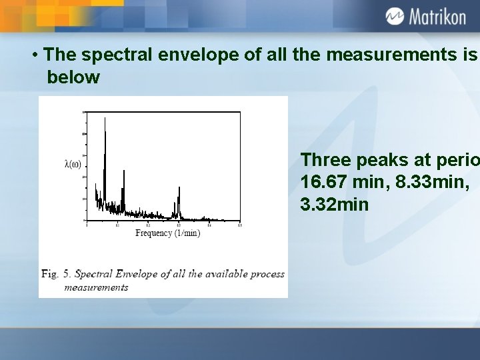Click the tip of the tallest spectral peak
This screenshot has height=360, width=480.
point(105,118)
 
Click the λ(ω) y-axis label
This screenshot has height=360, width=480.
point(73,164)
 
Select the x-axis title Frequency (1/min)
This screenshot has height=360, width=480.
point(168,233)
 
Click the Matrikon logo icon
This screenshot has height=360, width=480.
point(395,16)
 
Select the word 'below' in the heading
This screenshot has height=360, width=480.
point(73,77)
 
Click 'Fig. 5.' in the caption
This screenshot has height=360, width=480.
point(56,274)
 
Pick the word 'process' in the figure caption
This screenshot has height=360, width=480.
point(265,274)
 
